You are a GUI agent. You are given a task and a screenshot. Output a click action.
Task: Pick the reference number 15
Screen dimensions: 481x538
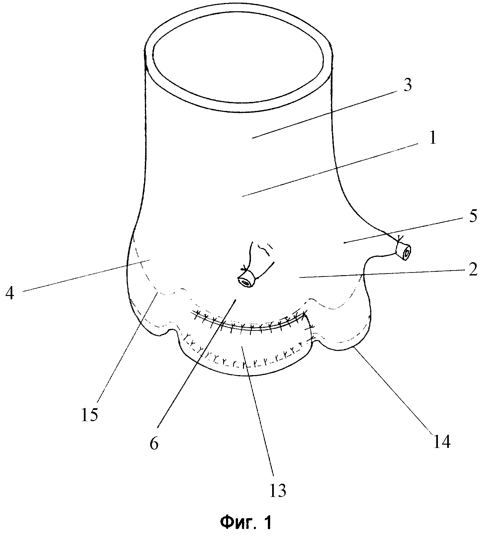coord(90,414)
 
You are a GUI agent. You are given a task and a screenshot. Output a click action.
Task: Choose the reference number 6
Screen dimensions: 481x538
coord(154,443)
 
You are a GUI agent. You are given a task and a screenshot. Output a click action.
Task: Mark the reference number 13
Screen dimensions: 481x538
coord(278,490)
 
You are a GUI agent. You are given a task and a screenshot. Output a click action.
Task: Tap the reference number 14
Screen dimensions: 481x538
coord(443,441)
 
